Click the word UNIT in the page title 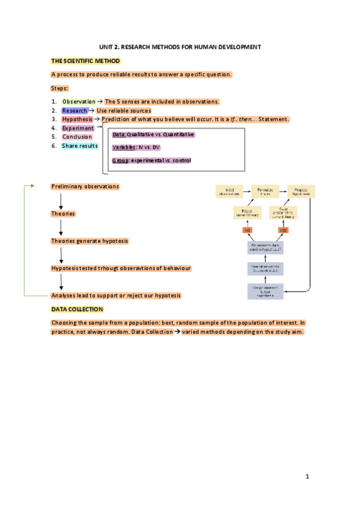pyautogui.click(x=106, y=47)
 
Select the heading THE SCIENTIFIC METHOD pyautogui.click(x=85, y=61)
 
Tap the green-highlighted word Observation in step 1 pyautogui.click(x=79, y=102)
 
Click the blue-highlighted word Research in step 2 pyautogui.click(x=75, y=111)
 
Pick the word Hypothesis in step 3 pyautogui.click(x=77, y=119)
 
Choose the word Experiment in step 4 pyautogui.click(x=78, y=128)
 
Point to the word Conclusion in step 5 pyautogui.click(x=77, y=137)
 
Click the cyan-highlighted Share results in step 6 pyautogui.click(x=79, y=146)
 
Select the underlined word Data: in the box pyautogui.click(x=120, y=135)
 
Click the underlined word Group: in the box pyautogui.click(x=121, y=161)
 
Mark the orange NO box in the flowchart pyautogui.click(x=247, y=230)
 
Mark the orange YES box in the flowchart pyautogui.click(x=284, y=230)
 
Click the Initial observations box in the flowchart pyautogui.click(x=228, y=191)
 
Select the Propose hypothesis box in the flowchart pyautogui.click(x=301, y=191)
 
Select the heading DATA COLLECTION pyautogui.click(x=77, y=309)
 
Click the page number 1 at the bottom pyautogui.click(x=307, y=477)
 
